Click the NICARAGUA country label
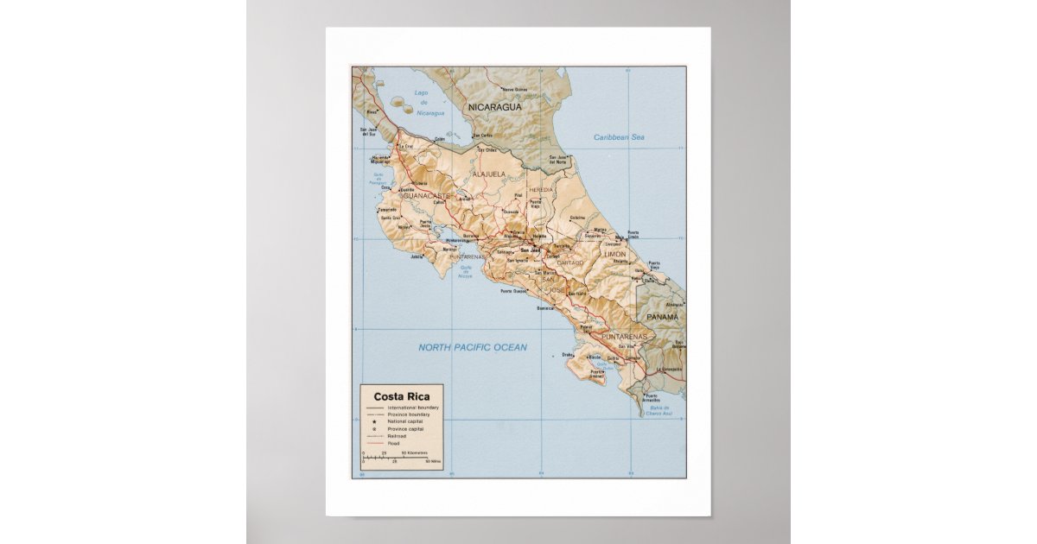point(494,107)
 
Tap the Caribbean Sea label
point(619,137)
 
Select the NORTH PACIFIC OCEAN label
point(472,347)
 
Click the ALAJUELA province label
point(488,174)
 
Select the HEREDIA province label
point(541,189)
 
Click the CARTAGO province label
point(570,262)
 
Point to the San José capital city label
point(523,250)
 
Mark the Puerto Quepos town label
point(513,291)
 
